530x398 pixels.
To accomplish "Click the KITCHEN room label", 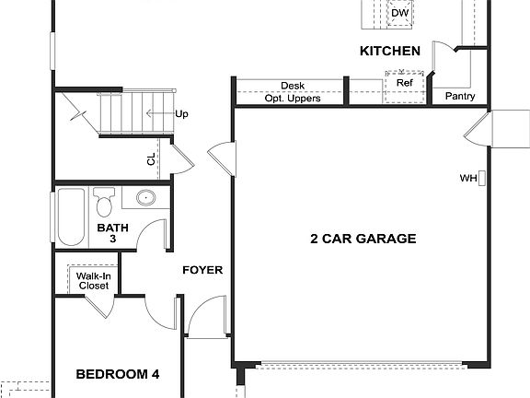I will point(390,52).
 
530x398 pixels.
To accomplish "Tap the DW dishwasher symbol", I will point(400,13).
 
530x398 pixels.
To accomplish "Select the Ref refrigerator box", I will point(404,83).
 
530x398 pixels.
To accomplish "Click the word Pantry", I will point(459,96).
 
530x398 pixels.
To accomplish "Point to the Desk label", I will point(293,86).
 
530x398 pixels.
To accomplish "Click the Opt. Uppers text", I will point(293,98).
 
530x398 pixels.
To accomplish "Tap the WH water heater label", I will point(467,178).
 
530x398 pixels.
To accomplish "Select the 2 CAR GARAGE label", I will point(363,239).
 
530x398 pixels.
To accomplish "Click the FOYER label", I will point(202,270).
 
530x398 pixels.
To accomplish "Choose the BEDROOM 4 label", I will point(118,374).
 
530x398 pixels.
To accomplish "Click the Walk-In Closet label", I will point(92,280).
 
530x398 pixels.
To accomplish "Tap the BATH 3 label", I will point(112,232).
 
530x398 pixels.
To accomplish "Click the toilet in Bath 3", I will point(103,200).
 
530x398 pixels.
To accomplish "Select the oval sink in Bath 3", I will point(144,198).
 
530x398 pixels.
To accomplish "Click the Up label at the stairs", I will point(181,114).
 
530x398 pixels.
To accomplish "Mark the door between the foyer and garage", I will point(221,159).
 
